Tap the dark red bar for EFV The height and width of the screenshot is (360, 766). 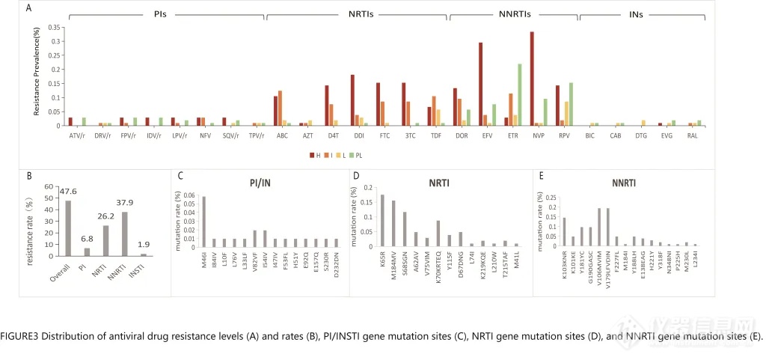click(x=480, y=84)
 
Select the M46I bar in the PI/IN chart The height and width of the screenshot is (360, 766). click(x=205, y=222)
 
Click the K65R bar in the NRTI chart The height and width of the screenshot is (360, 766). click(x=382, y=221)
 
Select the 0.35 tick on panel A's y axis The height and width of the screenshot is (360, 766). click(x=53, y=26)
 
